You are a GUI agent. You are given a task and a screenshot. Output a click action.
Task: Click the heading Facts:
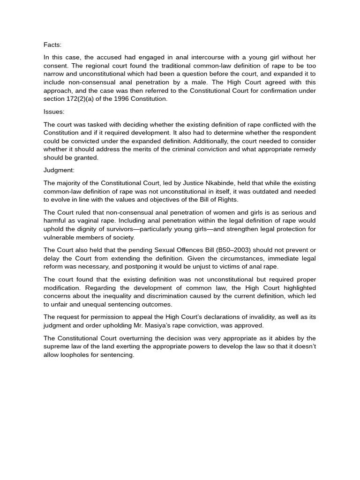point(52,45)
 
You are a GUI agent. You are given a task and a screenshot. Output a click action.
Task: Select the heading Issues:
point(54,112)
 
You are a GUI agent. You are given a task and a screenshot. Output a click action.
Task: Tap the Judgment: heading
point(59,170)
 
